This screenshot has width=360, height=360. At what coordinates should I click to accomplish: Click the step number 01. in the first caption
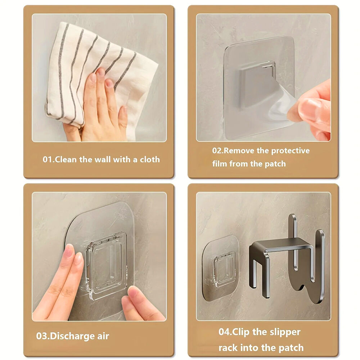point(49,159)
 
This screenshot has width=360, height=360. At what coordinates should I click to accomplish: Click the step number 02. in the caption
point(218,150)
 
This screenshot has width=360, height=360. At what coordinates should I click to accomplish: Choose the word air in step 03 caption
point(103,336)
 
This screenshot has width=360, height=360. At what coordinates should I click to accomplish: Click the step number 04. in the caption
point(225,332)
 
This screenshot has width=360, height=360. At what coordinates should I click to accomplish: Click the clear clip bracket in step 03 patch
point(107,266)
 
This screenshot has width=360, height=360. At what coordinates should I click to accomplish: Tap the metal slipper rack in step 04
point(287,258)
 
